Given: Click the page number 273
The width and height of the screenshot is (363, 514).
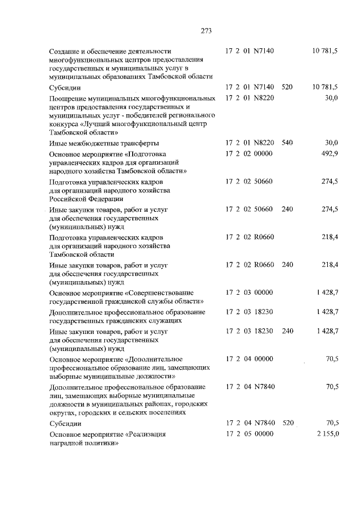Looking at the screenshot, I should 181,31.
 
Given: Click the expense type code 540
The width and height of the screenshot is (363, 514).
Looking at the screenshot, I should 287,143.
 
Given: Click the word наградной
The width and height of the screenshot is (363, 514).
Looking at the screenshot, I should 66,442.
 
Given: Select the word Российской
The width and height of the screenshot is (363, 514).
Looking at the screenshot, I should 69,199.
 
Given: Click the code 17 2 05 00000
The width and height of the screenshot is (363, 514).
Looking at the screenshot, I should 250,434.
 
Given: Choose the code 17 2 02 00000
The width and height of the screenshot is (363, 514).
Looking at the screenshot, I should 250,154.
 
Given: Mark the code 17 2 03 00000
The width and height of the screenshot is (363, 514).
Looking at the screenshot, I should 250,292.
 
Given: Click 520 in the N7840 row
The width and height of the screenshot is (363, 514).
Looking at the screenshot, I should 288,423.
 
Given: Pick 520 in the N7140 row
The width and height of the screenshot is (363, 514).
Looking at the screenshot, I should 287,87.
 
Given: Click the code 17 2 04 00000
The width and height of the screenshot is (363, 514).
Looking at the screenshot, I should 250,359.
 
